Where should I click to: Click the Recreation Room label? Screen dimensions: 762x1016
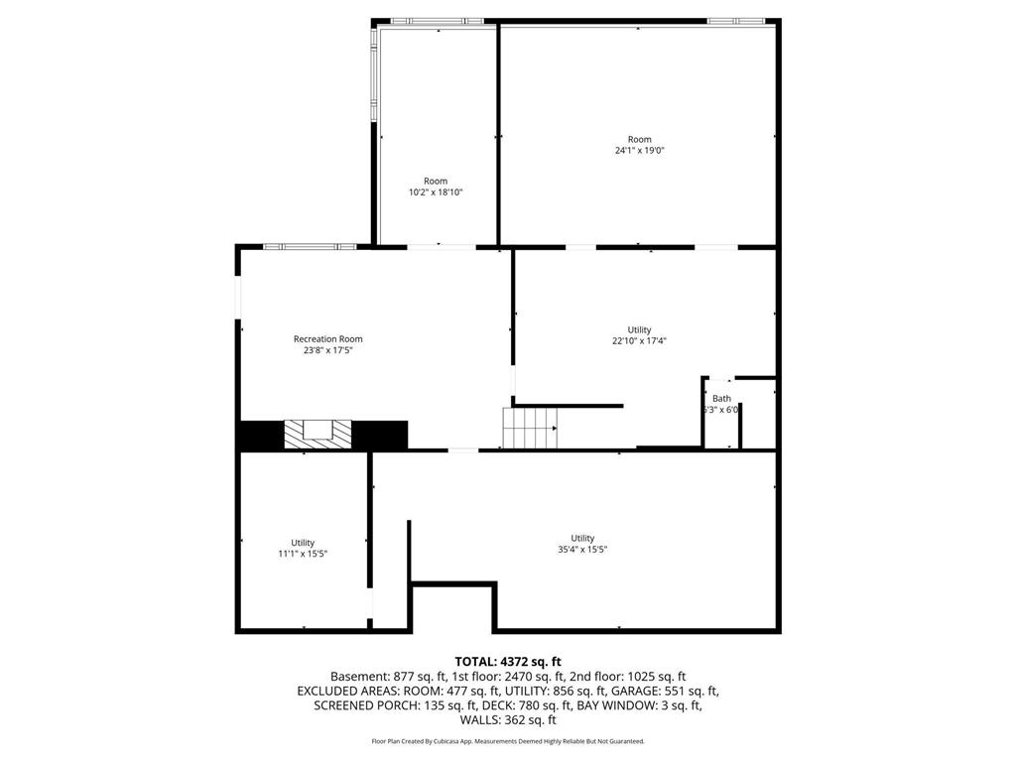click(327, 339)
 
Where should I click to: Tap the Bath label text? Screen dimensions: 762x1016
click(721, 399)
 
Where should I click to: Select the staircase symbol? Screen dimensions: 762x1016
click(530, 428)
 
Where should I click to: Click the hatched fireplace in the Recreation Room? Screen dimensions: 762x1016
click(318, 434)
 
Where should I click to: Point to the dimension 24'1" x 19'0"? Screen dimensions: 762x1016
click(639, 151)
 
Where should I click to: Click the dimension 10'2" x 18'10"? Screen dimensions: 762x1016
click(436, 192)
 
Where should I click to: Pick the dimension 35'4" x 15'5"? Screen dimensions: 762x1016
click(582, 550)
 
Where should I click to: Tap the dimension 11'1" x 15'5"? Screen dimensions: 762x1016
click(303, 554)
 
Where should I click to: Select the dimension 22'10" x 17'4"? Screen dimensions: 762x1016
click(639, 341)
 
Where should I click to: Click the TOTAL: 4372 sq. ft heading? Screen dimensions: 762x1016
click(508, 662)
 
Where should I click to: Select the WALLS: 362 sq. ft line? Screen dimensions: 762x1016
click(508, 720)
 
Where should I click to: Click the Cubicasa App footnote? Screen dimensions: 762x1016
click(508, 741)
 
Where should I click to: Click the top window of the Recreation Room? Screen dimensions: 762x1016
click(310, 246)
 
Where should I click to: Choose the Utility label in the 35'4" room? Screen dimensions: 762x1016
click(582, 539)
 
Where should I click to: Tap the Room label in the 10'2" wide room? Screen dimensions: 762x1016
click(436, 181)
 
